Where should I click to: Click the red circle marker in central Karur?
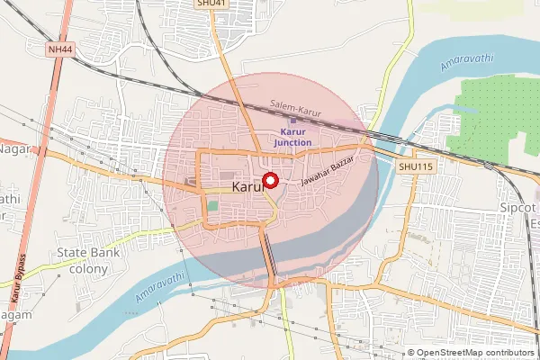tap(269, 180)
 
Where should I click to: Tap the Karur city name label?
tap(247, 187)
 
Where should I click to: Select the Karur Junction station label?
tap(292, 137)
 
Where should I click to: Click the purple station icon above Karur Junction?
tap(292, 121)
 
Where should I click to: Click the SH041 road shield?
tap(212, 4)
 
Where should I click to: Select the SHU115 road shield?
tap(415, 166)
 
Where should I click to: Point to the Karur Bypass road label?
tap(15, 283)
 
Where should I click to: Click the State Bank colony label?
tap(82, 261)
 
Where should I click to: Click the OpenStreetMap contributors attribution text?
tap(473, 353)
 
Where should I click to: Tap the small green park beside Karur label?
tap(212, 206)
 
